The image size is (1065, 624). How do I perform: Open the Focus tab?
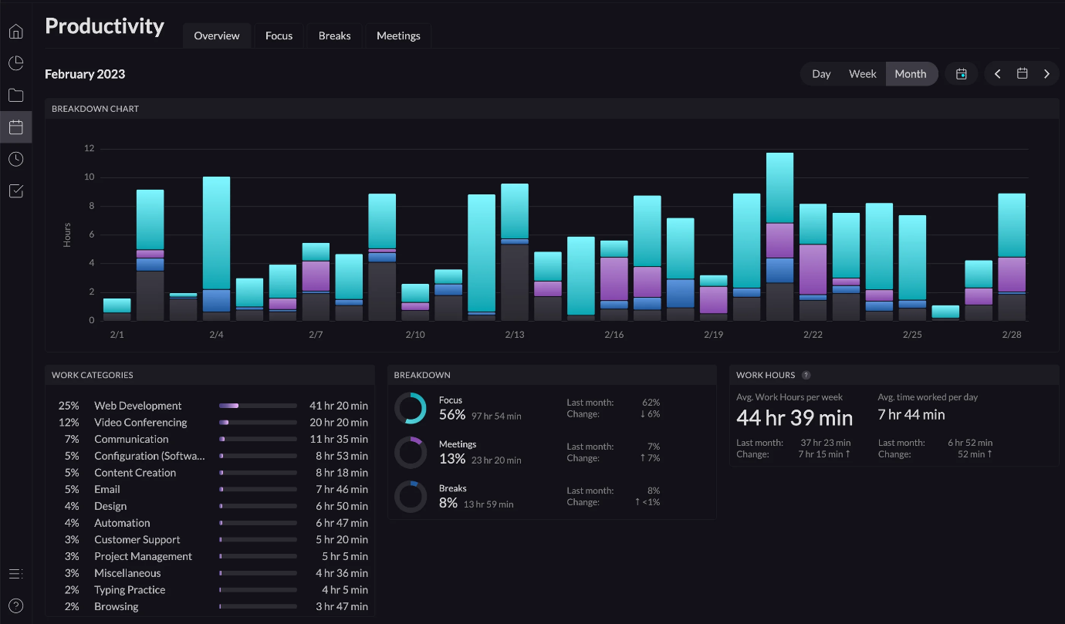(279, 35)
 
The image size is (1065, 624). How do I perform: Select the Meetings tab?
(398, 35)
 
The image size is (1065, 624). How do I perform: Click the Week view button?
(862, 74)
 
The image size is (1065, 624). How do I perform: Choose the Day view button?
(821, 74)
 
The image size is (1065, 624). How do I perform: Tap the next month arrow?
(1046, 74)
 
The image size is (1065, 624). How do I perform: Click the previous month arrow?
(998, 74)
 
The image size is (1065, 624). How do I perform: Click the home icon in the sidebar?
(15, 32)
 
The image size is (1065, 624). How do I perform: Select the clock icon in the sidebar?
(15, 159)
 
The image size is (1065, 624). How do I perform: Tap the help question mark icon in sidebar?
(15, 605)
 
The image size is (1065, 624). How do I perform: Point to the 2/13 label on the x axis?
(515, 335)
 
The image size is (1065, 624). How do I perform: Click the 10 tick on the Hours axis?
(89, 177)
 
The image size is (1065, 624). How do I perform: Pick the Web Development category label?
(138, 406)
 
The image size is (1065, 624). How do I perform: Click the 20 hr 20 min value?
(339, 423)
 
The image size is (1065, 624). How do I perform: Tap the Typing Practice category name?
(130, 590)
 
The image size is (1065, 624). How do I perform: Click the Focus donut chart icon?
(410, 408)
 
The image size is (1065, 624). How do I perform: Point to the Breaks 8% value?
(448, 503)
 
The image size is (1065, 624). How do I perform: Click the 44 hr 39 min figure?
(794, 418)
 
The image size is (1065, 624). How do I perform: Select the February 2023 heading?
(85, 74)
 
